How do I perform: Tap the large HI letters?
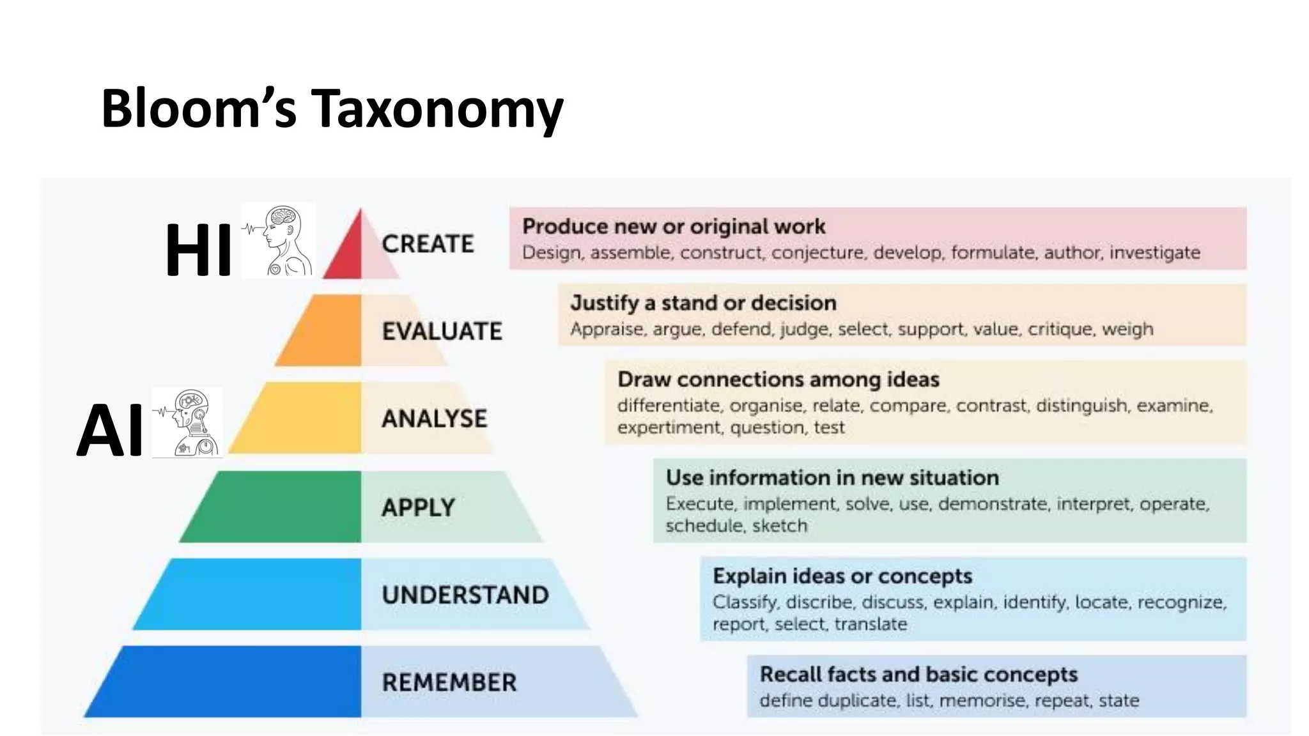tap(198, 250)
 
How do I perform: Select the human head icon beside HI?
tap(279, 240)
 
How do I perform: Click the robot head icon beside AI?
tap(188, 423)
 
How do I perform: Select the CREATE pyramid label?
tap(428, 244)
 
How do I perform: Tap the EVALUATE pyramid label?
tap(442, 331)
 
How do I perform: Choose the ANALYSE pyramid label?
tap(435, 419)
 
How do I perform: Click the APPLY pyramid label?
tap(419, 508)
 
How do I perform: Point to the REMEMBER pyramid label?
tap(449, 682)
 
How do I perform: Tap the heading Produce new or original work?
tap(674, 226)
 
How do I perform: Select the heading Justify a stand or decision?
tap(703, 303)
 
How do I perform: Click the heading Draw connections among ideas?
tap(778, 379)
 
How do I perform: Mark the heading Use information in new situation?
tap(832, 478)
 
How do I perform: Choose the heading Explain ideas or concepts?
tap(842, 576)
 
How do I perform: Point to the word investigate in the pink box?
tap(1154, 253)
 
